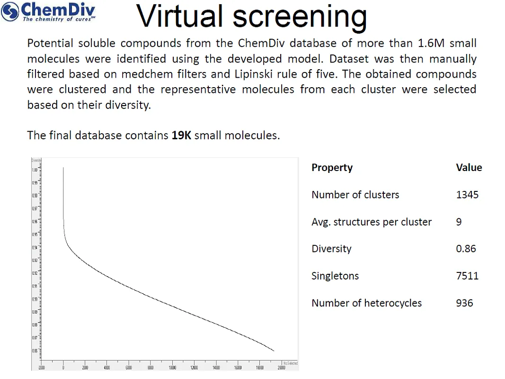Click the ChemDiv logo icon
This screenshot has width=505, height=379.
(x=11, y=11)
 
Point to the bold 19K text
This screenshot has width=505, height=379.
(x=181, y=135)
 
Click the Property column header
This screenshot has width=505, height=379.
(x=332, y=168)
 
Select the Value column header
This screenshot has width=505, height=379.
(x=469, y=168)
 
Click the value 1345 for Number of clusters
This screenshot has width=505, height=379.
(x=467, y=195)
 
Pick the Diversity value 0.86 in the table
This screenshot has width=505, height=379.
(x=466, y=249)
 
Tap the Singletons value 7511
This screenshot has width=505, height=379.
(x=467, y=276)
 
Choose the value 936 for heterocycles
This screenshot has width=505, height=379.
(x=464, y=303)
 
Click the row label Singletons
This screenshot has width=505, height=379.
(x=335, y=276)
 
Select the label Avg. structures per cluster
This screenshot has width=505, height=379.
(x=372, y=222)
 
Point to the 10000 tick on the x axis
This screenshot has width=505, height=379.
(x=172, y=368)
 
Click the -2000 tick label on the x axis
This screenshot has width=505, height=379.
(x=41, y=368)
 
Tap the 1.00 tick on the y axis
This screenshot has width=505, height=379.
(x=35, y=170)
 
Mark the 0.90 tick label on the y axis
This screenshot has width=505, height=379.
(x=35, y=299)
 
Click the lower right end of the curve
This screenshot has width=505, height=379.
(x=274, y=351)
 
